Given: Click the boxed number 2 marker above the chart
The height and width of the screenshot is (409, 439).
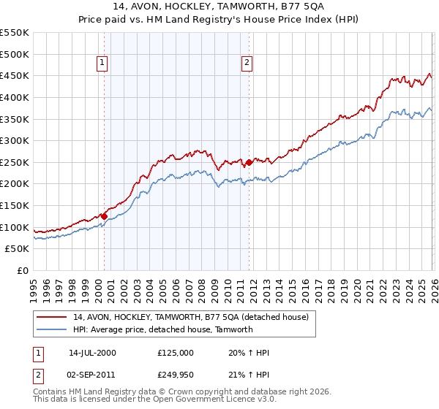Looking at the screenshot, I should pos(247,64).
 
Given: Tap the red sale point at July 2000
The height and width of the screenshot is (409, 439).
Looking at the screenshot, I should pos(104,216).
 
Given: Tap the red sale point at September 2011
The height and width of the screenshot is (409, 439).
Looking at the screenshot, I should pos(249,162).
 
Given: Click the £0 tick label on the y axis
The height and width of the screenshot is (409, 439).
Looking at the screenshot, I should pos(22,270).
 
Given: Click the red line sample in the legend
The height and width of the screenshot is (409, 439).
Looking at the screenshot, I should pos(51,317).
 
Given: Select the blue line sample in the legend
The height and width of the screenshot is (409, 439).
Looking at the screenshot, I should pos(51,329).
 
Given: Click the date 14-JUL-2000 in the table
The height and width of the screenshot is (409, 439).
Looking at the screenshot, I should pos(92,353).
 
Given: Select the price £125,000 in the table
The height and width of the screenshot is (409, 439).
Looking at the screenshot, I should pos(176,353).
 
